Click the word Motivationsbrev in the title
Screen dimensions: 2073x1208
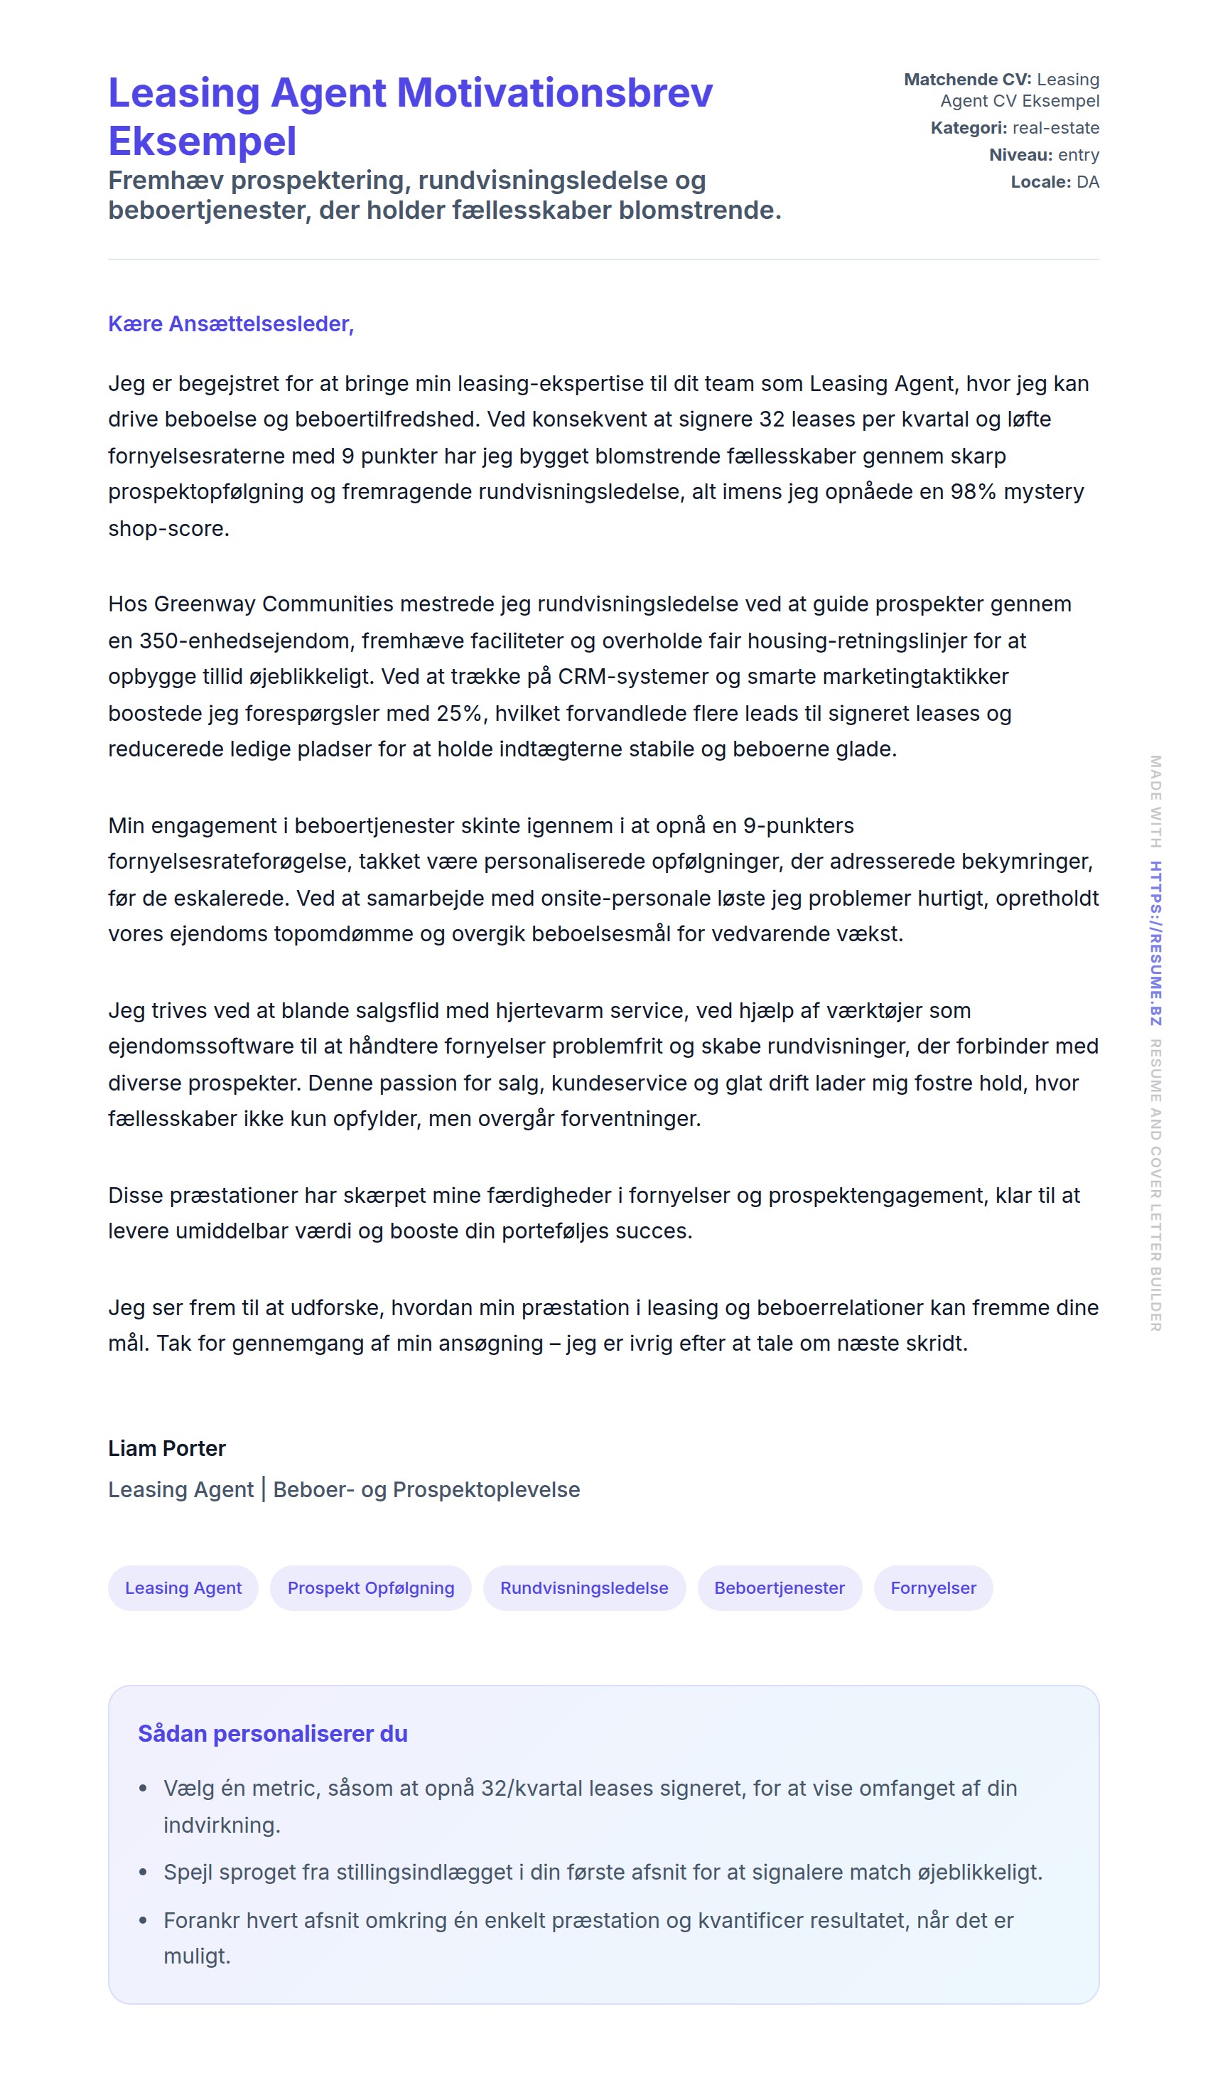[555, 92]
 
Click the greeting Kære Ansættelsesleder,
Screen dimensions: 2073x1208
[231, 324]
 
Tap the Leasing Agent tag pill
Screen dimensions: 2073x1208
[183, 1587]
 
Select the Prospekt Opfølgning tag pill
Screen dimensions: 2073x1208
[371, 1587]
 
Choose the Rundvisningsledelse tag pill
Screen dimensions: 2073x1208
[584, 1587]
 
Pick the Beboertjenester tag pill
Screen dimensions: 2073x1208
[779, 1587]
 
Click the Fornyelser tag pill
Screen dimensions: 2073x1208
[933, 1587]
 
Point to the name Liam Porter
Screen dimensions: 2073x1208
[167, 1448]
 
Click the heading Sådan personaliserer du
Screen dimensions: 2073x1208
[273, 1733]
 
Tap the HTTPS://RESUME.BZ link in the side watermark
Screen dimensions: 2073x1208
[1155, 943]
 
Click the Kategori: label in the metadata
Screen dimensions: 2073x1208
[969, 129]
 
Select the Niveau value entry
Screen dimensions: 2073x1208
[1078, 156]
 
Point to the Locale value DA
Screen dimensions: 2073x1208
[1087, 183]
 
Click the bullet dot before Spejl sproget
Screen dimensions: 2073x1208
[143, 1873]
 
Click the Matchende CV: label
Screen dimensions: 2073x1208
[967, 80]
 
